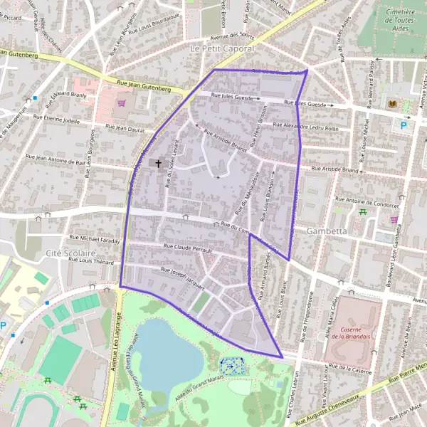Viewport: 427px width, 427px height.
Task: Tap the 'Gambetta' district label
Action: pyautogui.click(x=327, y=231)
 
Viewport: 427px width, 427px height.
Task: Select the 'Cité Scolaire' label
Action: pyautogui.click(x=70, y=253)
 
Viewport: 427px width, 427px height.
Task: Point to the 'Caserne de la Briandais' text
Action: pyautogui.click(x=358, y=329)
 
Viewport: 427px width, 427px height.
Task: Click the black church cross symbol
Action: pyautogui.click(x=158, y=164)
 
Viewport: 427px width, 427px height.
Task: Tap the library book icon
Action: pyautogui.click(x=391, y=104)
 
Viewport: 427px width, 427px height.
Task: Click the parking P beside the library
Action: pyautogui.click(x=405, y=126)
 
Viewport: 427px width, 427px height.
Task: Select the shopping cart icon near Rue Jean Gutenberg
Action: pyautogui.click(x=122, y=102)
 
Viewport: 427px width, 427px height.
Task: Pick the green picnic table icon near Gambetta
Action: pyautogui.click(x=364, y=211)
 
